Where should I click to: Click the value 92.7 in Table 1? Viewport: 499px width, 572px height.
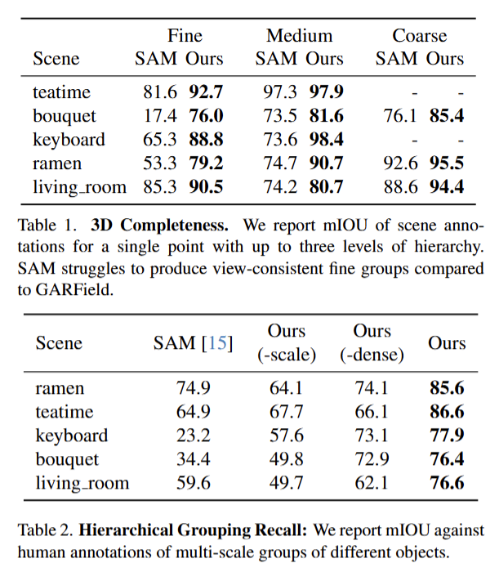pos(207,92)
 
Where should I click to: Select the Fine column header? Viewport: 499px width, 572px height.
pos(185,36)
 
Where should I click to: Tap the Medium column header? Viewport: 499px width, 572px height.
pos(299,36)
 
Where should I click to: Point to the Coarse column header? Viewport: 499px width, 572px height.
pos(419,36)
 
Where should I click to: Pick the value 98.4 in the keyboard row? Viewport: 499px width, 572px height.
pos(327,139)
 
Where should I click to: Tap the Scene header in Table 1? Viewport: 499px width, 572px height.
pos(56,59)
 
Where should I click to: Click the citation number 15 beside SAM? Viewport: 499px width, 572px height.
pos(218,344)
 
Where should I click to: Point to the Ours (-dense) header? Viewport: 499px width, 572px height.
pos(372,343)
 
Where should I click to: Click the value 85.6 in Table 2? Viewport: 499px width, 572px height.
pos(447,388)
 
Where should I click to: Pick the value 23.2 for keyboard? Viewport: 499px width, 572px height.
pos(193,436)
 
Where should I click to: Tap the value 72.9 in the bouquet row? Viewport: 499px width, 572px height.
pos(372,459)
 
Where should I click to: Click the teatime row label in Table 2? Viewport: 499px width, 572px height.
pos(64,412)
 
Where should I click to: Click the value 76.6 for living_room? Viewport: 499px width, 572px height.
pos(447,483)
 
